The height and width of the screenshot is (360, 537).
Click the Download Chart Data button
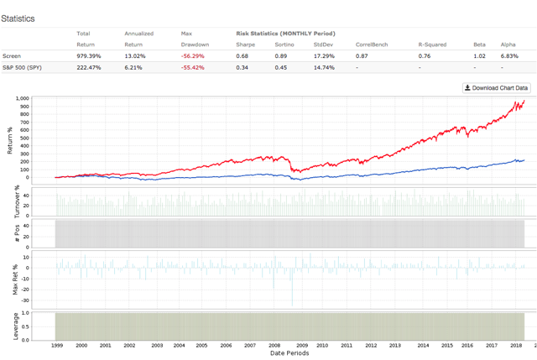pos(496,88)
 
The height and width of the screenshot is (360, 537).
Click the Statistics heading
pos(18,18)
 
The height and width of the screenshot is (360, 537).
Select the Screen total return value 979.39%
pos(89,56)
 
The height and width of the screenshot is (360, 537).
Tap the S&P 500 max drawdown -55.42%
pos(192,67)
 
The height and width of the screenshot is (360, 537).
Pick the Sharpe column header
pos(246,44)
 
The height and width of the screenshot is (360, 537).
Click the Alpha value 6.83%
pos(509,56)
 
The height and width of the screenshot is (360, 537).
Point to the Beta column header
pos(479,44)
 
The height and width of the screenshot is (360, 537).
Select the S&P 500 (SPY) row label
pos(22,67)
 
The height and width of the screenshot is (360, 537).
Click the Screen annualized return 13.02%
pos(135,56)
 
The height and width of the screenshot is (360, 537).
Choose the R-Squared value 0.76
pos(425,56)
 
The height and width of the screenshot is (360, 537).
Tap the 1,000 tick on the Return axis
pos(23,98)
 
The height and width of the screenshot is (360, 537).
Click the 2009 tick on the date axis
pos(302,345)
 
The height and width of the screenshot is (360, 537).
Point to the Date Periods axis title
pos(289,353)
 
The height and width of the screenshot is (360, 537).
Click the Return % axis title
pos(10,140)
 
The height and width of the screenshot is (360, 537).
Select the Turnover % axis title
pos(17,201)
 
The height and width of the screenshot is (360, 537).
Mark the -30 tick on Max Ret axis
pos(24,300)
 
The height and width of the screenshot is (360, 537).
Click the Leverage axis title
pos(15,326)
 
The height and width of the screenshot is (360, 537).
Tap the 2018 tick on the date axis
pos(516,345)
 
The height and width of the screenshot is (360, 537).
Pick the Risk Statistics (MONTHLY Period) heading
pos(285,34)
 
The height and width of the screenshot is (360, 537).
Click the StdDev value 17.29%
pos(324,56)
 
